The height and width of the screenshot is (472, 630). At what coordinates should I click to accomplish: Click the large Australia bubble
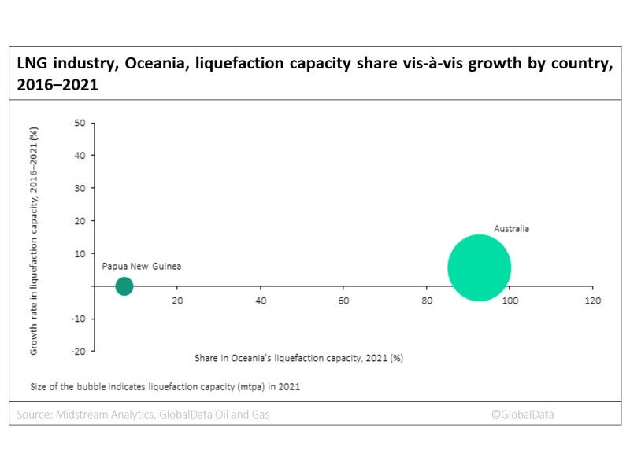(479, 268)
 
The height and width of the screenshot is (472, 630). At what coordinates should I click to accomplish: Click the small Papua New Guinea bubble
(124, 286)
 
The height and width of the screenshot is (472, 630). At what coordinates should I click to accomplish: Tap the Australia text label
(511, 229)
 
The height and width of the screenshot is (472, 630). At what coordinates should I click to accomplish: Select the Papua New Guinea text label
(142, 267)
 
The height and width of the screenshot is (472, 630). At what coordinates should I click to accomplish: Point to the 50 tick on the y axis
(80, 123)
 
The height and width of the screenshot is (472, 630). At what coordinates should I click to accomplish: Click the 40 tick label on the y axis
(80, 156)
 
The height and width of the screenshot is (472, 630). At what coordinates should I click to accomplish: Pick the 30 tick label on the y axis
(80, 189)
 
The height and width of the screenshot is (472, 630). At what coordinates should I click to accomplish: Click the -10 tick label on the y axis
(77, 319)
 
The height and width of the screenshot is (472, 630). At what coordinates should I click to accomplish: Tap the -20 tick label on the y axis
(77, 352)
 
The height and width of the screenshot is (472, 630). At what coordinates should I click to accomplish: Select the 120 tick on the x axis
(592, 301)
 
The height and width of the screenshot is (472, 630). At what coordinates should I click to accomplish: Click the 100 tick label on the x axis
(510, 301)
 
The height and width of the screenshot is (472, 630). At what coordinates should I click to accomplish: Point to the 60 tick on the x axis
(343, 301)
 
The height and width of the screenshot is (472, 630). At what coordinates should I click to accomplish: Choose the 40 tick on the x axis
(261, 301)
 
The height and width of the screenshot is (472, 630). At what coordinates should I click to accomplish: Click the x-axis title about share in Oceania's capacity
(298, 358)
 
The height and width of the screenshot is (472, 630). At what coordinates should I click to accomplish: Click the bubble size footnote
(165, 387)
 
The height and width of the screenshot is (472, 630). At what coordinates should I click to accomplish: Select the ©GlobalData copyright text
(522, 414)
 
